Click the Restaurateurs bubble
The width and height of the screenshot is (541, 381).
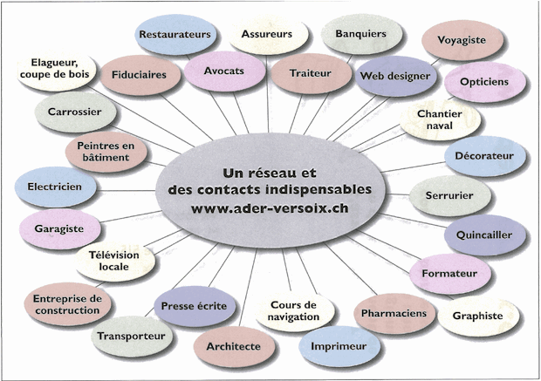point(175,35)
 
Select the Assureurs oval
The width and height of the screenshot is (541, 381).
point(268,35)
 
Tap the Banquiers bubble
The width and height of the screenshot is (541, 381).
point(361,34)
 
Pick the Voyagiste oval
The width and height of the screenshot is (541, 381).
point(462,40)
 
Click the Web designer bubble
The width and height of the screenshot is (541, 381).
point(396,76)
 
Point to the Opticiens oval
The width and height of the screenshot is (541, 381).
point(485,82)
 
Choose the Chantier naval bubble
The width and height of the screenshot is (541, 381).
point(440,119)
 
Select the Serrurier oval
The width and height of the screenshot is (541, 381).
point(449,195)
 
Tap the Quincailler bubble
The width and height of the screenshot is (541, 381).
point(484,235)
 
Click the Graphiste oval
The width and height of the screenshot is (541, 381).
point(478,316)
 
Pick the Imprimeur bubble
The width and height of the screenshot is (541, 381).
point(339,346)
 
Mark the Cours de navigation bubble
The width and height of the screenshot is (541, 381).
point(294,311)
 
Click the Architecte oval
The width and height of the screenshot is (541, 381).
point(234,346)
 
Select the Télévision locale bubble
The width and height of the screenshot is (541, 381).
point(114,261)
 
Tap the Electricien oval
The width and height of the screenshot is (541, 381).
point(55,187)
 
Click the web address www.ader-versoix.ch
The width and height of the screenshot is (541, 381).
point(270,208)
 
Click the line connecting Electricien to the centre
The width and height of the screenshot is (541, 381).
point(126,190)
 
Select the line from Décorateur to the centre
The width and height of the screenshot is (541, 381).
point(413,167)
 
